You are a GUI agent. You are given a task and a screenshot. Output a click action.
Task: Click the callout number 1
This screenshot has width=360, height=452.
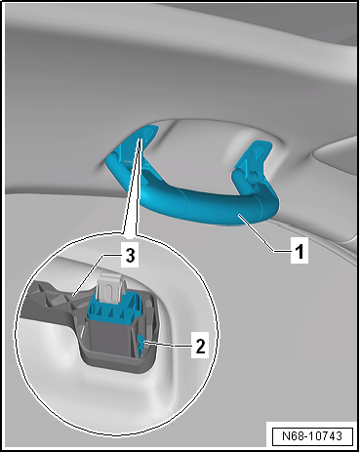pyautogui.click(x=299, y=251)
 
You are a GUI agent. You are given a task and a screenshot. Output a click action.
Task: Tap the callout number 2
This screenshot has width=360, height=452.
pyautogui.click(x=200, y=346)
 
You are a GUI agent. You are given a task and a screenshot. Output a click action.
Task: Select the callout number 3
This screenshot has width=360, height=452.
pyautogui.click(x=130, y=256)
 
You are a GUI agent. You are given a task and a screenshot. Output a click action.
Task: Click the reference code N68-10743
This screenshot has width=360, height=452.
pyautogui.click(x=312, y=435)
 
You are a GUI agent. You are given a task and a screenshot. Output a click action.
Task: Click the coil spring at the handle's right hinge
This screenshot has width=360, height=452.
pyautogui.click(x=253, y=178)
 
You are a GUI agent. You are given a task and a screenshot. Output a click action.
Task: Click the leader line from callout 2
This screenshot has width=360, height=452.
pyautogui.click(x=168, y=344)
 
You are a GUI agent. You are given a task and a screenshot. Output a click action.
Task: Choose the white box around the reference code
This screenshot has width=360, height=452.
pyautogui.click(x=312, y=435)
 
